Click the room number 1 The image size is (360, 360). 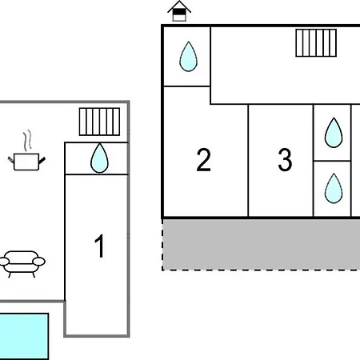point(100,246)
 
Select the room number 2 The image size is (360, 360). point(203,160)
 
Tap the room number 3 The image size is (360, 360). point(285,159)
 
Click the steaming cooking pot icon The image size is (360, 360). point(26,150)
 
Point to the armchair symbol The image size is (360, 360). point(22,264)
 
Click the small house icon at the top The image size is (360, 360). point(179,11)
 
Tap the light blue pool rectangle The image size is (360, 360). point(23,336)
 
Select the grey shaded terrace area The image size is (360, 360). point(262,245)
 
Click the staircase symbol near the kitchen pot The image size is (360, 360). point(99,122)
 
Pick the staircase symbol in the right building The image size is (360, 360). point(316,43)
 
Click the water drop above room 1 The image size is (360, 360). point(99,158)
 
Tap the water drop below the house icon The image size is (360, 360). point(188,57)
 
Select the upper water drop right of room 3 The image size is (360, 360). point(334,133)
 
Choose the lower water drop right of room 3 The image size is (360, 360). point(334,188)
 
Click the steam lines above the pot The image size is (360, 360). point(27,141)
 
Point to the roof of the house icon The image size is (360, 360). point(179,6)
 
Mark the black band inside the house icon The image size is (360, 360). point(179,12)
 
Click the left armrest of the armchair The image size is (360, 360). point(4,262)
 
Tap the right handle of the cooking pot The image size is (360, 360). point(42,161)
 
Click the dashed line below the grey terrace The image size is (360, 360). point(262,270)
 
